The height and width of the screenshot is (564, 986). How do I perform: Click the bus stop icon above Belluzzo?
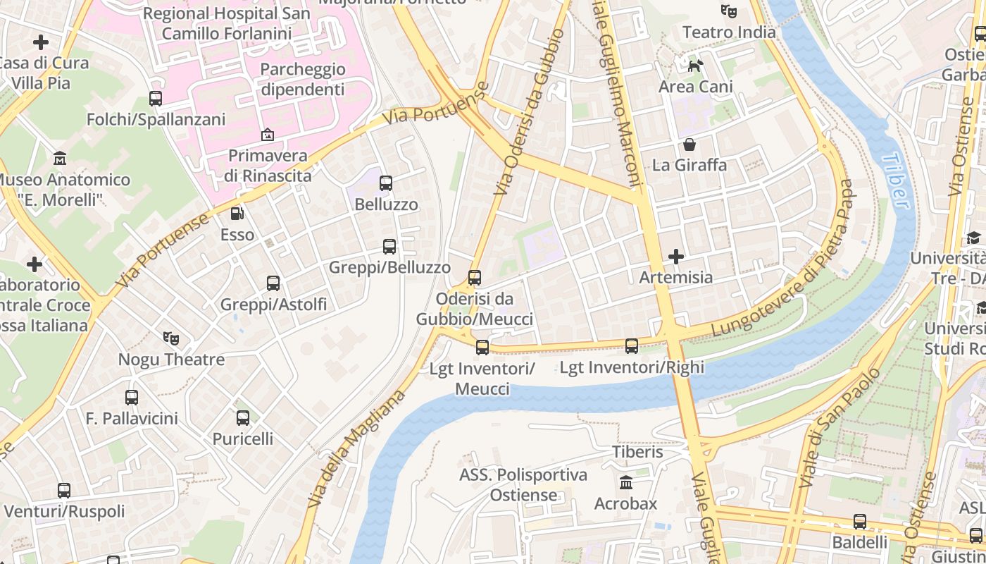[x=385, y=183]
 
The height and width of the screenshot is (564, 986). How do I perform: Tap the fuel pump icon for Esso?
[x=237, y=214]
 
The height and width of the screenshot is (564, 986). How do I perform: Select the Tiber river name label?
[x=894, y=181]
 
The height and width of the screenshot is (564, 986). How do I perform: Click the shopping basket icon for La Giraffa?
[x=689, y=145]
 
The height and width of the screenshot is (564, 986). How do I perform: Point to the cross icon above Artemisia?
[x=676, y=256]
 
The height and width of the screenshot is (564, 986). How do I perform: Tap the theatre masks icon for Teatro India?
[x=728, y=11]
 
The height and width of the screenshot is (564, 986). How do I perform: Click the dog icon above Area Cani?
[x=695, y=66]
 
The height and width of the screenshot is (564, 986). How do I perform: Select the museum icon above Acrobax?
[x=625, y=483]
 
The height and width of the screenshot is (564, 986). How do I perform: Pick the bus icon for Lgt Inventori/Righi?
[x=632, y=346]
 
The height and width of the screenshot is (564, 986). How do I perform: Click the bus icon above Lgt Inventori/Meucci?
[x=482, y=347]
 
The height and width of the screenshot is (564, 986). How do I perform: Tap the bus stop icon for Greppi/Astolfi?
[x=273, y=283]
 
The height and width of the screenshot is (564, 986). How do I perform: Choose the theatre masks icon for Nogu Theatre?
[x=171, y=338]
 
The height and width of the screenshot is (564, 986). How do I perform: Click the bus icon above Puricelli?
[x=243, y=418]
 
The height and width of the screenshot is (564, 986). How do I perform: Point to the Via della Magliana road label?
[x=358, y=448]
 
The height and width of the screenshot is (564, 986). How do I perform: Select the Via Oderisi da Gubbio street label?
[x=529, y=112]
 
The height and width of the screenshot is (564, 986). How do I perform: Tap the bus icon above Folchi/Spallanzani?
[x=156, y=99]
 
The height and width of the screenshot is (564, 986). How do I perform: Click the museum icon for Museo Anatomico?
[x=60, y=159]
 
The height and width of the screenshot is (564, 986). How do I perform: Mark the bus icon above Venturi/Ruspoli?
[x=64, y=490]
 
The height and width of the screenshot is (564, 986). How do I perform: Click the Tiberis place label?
[x=637, y=451]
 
